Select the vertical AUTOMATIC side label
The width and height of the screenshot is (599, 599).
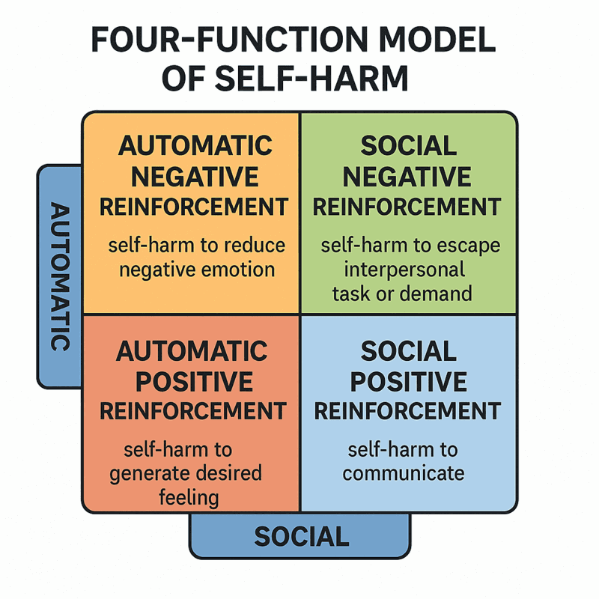(x=61, y=276)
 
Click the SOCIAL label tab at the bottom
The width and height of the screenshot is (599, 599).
(x=301, y=536)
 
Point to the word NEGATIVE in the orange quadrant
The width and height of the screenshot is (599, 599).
(x=193, y=176)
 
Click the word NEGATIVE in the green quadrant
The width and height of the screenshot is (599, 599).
(x=408, y=176)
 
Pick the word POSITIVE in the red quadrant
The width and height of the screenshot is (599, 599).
(x=193, y=382)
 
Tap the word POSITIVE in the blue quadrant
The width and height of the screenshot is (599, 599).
(x=408, y=382)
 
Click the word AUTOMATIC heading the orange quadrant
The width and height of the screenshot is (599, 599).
(x=193, y=145)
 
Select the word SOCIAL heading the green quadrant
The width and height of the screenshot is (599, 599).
(x=408, y=145)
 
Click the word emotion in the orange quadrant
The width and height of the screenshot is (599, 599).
(x=240, y=269)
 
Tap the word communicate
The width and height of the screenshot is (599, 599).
(x=404, y=473)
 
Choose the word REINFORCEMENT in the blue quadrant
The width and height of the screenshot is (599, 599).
(x=407, y=411)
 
